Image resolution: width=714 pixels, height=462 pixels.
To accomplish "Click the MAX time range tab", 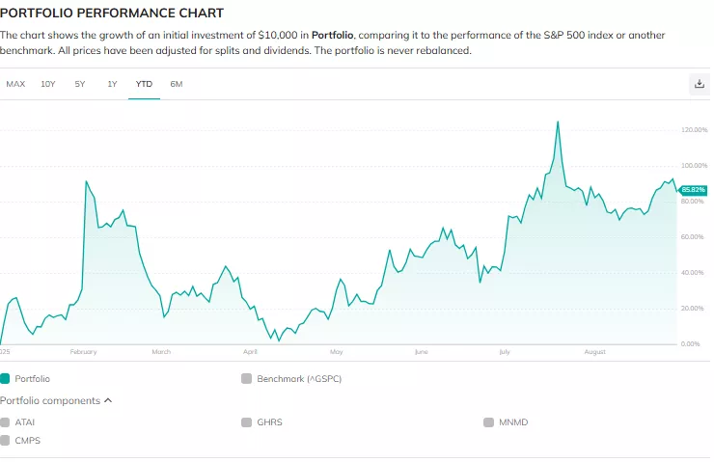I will pos(15,84).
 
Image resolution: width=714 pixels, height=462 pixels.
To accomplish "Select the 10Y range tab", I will pos(48,84).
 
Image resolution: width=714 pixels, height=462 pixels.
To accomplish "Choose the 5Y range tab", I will pos(80,84).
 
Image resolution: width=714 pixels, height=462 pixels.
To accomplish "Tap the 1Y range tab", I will pos(112,84).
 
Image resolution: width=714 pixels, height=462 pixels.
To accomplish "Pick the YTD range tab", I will pos(144,84).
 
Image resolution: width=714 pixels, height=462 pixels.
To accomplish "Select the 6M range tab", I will pos(176,84).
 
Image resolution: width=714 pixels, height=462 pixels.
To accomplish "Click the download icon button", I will pos(700,84).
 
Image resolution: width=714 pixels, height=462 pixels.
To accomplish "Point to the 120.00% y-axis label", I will pos(694,129).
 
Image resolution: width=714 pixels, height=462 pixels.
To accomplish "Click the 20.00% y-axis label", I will pos(694,309).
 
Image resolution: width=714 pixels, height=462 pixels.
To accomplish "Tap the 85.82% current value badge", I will pos(694,190).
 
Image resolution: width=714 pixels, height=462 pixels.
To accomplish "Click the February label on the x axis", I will pos(84,352).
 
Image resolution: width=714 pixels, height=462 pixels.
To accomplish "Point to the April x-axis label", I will pos(251,352).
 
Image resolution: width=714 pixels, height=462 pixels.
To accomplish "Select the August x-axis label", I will pos(594,352).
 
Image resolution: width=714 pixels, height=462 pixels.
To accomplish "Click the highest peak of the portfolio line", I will pos(558,122).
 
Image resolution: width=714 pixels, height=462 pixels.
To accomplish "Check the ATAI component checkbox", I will pos(6,422).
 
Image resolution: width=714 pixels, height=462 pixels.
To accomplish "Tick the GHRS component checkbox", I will pos(247,422).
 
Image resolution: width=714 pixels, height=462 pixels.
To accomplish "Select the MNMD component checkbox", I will pos(489,422).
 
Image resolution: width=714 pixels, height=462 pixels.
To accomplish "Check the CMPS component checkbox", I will pos(6,440).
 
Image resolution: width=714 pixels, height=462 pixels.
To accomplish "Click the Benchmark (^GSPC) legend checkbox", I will pos(247,379).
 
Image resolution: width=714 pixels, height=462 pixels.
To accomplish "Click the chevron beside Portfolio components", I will pos(108,400).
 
